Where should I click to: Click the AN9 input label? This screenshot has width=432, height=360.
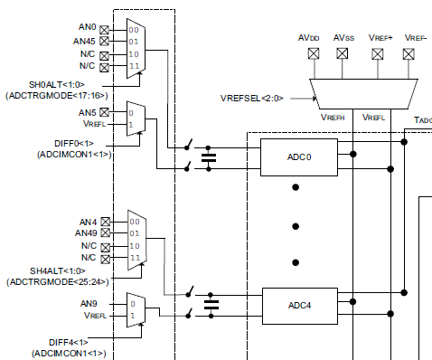[88, 303]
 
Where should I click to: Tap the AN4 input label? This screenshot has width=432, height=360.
[89, 221]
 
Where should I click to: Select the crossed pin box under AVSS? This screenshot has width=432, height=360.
[343, 52]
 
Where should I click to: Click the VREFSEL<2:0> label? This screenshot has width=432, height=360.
[258, 95]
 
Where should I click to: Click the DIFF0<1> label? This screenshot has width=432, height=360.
[73, 143]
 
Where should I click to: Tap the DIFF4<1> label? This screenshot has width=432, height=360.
[73, 341]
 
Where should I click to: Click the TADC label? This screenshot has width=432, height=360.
[420, 120]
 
